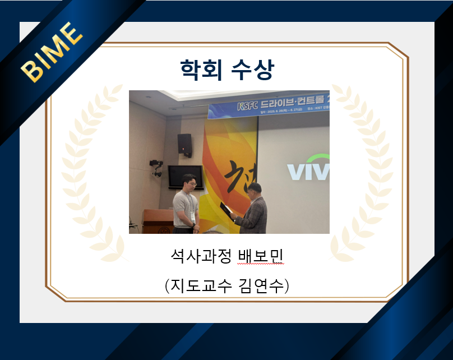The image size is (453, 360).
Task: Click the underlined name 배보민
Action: (x=261, y=259)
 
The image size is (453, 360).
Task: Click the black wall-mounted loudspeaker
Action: (x=184, y=144)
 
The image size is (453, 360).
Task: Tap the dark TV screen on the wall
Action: (x=184, y=175)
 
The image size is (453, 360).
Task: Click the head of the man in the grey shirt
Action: (x=190, y=182)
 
